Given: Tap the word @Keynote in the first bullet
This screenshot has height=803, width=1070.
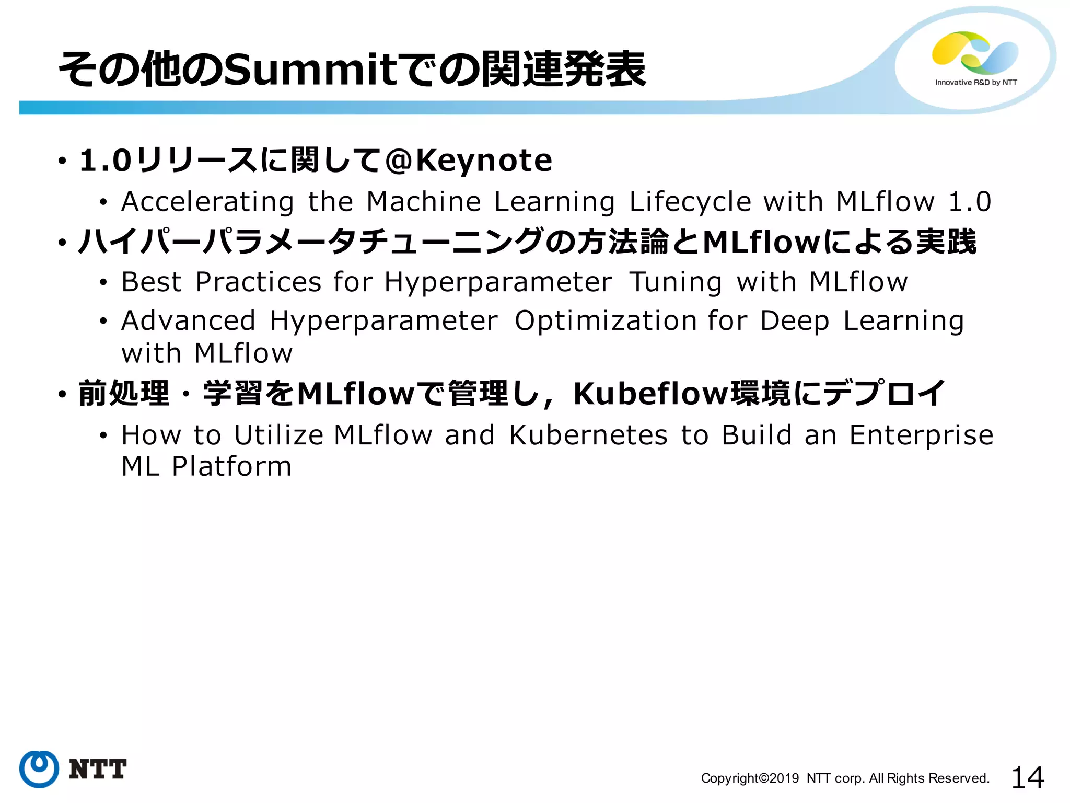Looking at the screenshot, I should click(468, 160).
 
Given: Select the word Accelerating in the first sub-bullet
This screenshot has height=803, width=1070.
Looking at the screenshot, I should click(208, 202).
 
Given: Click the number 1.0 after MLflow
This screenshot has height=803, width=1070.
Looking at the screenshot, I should click(970, 202).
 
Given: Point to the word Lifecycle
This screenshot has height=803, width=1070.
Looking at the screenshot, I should click(690, 202).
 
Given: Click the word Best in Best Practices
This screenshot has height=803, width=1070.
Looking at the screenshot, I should click(152, 282).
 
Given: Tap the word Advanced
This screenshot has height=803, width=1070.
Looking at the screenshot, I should click(188, 320).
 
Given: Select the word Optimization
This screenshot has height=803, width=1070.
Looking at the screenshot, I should click(606, 321).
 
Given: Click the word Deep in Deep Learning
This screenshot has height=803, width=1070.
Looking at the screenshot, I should click(794, 322).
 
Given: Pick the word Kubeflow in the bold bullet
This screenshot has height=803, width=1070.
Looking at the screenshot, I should click(650, 393).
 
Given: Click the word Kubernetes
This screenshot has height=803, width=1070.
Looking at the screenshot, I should click(588, 435).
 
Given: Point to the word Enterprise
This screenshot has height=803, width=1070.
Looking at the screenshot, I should click(921, 435).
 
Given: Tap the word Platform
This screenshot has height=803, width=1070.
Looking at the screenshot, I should click(232, 466).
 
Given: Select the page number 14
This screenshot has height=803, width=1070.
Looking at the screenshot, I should click(1028, 777).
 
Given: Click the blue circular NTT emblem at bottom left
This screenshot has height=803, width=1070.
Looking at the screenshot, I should click(39, 769).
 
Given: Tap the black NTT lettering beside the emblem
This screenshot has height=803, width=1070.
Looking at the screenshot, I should click(98, 770).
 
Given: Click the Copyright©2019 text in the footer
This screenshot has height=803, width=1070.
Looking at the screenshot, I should click(750, 778).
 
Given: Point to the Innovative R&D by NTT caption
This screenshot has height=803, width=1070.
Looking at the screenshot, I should click(976, 83).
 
